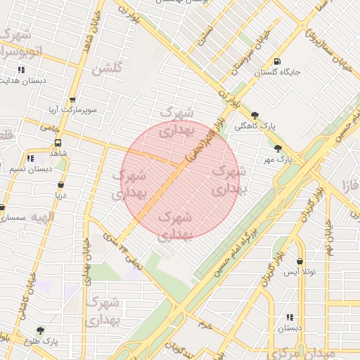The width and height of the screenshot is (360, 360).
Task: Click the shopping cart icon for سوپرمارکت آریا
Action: tap(72, 100)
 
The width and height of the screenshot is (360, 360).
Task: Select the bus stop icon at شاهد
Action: tap(58, 143)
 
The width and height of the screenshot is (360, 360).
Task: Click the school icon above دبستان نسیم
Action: tap(30, 159)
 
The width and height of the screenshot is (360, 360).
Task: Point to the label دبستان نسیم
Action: tap(30, 169)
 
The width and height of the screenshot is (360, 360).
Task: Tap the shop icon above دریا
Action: tap(61, 186)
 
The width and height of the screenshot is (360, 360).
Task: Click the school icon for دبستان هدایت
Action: tap(21, 70)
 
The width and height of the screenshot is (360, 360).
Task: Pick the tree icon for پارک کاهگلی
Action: tap(255, 115)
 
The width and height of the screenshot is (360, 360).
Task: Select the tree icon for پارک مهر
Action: tap(278, 149)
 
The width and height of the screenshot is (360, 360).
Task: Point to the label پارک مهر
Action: tap(278, 160)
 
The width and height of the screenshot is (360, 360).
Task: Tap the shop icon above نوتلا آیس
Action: tap(300, 260)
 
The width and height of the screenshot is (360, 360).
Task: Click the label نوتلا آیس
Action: tap(300, 271)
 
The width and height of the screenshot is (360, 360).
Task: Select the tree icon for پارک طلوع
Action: tap(39, 330)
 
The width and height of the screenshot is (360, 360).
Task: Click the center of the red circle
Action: tap(181, 181)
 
